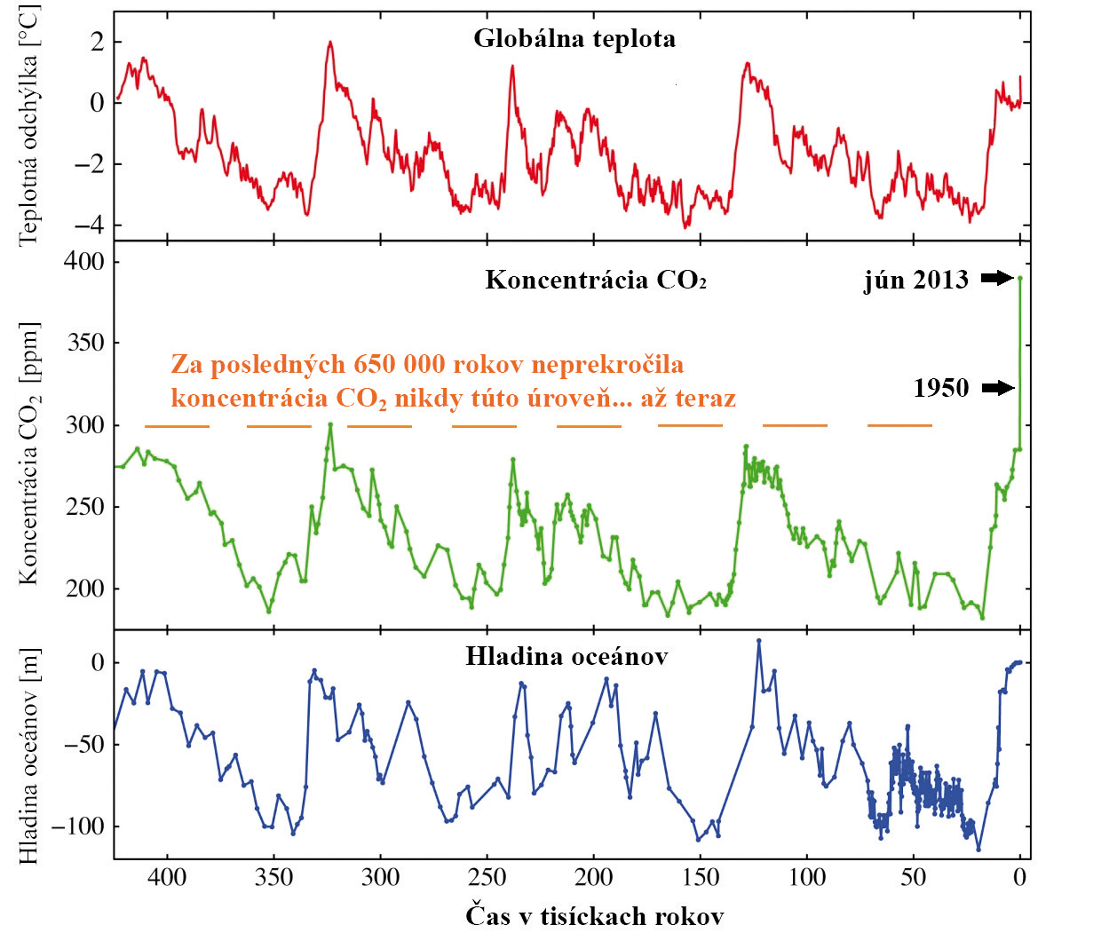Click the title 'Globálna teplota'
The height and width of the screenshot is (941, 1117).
tap(574, 39)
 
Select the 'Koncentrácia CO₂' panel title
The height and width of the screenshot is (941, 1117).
tap(596, 281)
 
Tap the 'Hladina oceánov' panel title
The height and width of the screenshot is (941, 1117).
tap(566, 656)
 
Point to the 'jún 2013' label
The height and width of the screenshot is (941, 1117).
tap(915, 280)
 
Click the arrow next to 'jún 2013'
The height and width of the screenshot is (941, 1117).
tap(997, 279)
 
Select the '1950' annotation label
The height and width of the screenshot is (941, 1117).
tap(941, 388)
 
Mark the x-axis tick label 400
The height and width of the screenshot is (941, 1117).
tap(167, 877)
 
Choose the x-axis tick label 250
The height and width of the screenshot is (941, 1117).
tap(487, 877)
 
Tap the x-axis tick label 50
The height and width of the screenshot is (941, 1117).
tap(913, 877)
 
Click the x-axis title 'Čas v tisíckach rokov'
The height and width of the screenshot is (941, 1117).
tap(594, 916)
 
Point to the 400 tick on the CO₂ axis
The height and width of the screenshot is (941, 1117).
tap(84, 262)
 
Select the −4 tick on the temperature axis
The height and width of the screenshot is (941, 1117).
tap(88, 225)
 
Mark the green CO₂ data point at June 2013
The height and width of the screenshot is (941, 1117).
tap(1020, 278)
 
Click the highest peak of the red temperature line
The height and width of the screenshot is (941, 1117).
tap(330, 42)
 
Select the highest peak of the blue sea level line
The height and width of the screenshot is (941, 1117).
tap(758, 640)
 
